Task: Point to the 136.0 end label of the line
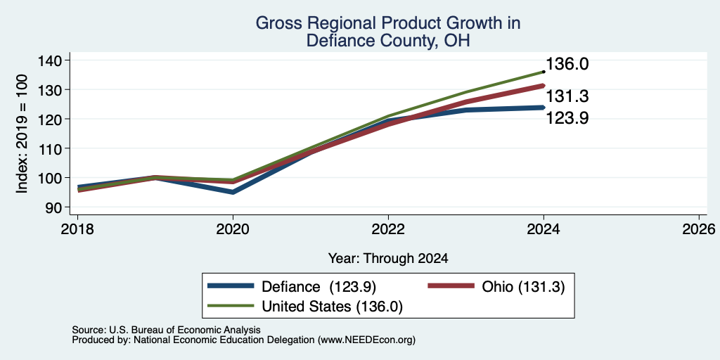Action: pyautogui.click(x=567, y=64)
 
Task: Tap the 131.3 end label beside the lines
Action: pyautogui.click(x=567, y=96)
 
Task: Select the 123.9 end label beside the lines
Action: pyautogui.click(x=567, y=118)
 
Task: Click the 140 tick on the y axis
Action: pyautogui.click(x=55, y=60)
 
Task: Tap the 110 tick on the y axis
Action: pyautogui.click(x=55, y=148)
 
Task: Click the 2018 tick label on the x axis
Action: pyautogui.click(x=77, y=229)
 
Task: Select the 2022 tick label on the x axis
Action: pyautogui.click(x=388, y=229)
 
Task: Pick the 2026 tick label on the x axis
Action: pyautogui.click(x=699, y=229)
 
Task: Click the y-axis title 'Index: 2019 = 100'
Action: pyautogui.click(x=22, y=134)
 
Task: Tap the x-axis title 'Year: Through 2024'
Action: pyautogui.click(x=388, y=259)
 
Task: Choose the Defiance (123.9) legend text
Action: pyautogui.click(x=319, y=287)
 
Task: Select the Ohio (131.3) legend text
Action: pyautogui.click(x=523, y=287)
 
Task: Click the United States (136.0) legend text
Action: pyautogui.click(x=332, y=307)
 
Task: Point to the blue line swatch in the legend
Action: pyautogui.click(x=231, y=286)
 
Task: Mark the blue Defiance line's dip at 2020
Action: pyautogui.click(x=233, y=192)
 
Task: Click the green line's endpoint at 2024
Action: pyautogui.click(x=544, y=72)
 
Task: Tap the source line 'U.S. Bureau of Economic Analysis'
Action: pyautogui.click(x=166, y=330)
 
